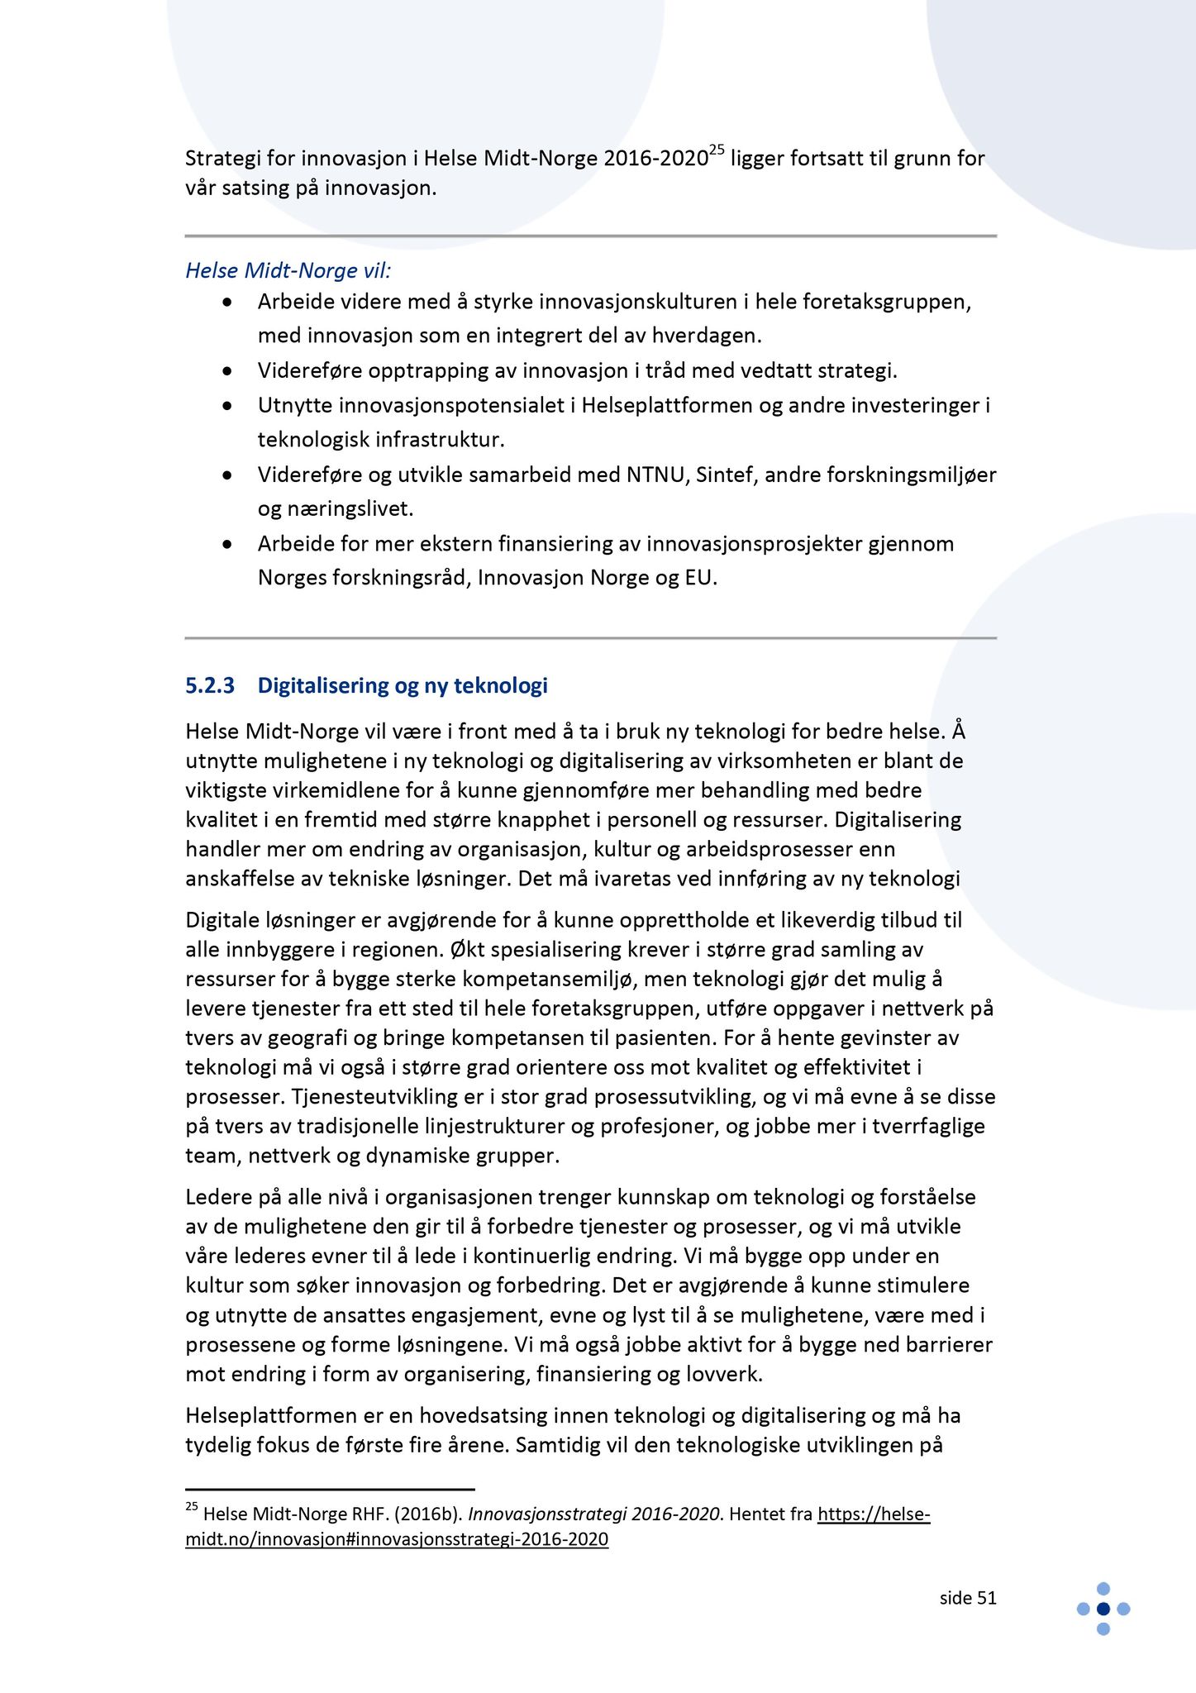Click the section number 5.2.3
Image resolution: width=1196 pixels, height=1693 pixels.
coord(210,685)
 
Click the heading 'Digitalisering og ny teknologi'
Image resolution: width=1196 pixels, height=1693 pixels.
coord(403,685)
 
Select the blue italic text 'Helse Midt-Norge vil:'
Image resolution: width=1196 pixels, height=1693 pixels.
coord(288,270)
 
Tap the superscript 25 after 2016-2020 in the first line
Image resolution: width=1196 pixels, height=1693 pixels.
coord(717,150)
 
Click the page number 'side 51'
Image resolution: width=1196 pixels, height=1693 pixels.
coord(968,1598)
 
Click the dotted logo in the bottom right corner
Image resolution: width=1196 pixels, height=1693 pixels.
coord(1103,1609)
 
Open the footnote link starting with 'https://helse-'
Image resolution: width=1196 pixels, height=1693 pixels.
coord(874,1514)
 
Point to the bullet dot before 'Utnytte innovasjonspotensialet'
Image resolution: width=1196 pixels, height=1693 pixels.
coord(227,406)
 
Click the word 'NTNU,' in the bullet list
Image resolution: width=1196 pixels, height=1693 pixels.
coord(658,475)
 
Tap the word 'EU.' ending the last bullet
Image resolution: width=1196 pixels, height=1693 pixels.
coord(701,578)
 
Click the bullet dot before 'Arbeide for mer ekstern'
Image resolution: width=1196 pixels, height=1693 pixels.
coord(227,545)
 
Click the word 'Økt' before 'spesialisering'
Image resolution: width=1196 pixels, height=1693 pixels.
coord(470,950)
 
